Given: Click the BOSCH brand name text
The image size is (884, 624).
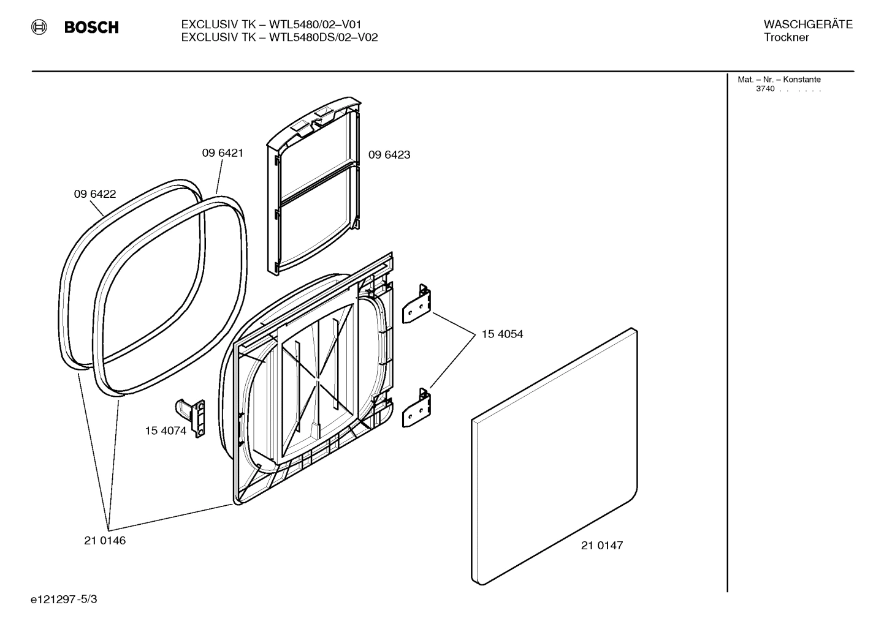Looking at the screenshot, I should point(91,28).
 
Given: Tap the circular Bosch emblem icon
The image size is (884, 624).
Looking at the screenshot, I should point(40,27).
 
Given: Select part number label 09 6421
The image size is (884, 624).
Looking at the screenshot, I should point(223,153).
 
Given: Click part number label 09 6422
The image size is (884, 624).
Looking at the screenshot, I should point(95,194).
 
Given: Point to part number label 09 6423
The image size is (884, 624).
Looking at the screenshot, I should point(389,155).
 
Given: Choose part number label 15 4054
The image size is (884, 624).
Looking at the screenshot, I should point(502,334).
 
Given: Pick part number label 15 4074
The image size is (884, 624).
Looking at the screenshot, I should point(166,430).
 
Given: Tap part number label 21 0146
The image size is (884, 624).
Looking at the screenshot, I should point(105,541).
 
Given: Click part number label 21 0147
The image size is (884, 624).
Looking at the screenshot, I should point(602,546).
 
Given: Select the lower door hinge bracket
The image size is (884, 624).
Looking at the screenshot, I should point(417,408).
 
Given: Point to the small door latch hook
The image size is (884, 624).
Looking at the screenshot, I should point(192,416).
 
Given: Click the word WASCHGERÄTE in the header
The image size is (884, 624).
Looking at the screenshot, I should point(808,24).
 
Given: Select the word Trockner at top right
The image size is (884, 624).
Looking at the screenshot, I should point(786,37).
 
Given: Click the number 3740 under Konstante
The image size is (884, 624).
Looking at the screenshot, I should point(765,89).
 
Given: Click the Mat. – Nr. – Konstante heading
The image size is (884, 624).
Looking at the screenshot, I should point(779,80).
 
